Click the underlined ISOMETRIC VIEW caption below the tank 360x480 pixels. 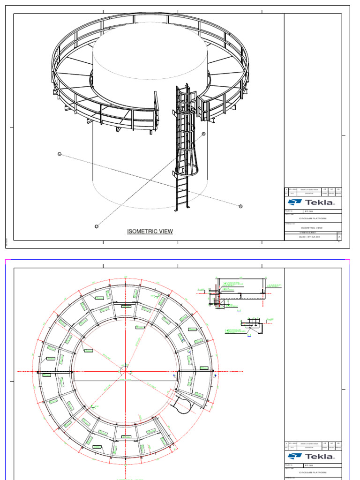(150, 231)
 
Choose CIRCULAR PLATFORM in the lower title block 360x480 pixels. (313, 472)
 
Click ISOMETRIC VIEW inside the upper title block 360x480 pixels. (313, 228)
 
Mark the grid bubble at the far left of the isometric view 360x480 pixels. (60, 154)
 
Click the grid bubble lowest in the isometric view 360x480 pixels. (97, 226)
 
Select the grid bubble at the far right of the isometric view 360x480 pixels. (241, 206)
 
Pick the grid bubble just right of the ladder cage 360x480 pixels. (204, 134)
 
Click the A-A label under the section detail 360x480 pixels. (239, 310)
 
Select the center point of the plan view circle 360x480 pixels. (125, 371)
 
